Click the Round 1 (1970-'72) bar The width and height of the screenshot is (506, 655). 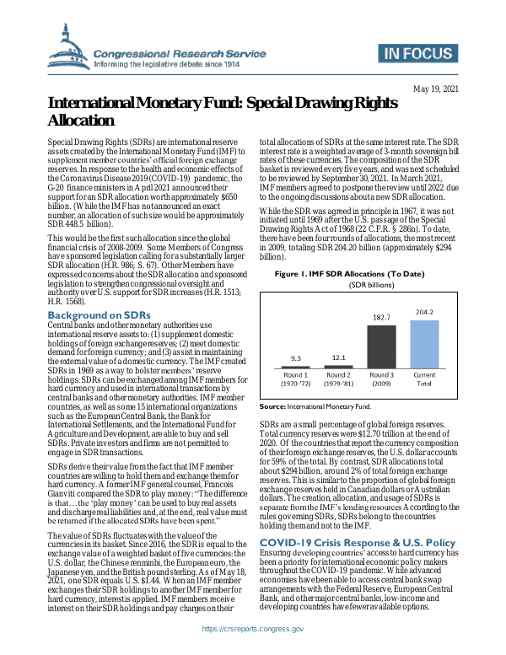pos(296,367)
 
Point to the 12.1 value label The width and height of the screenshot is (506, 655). pos(338,357)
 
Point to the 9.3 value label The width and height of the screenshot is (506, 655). pos(296,359)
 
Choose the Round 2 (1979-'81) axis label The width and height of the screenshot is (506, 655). pos(338,379)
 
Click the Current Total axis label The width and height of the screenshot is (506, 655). pos(424,379)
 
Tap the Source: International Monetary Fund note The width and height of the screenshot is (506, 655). pos(315,405)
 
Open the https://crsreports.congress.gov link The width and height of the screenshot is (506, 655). pos(253,629)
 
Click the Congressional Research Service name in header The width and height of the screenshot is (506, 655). pos(177,51)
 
